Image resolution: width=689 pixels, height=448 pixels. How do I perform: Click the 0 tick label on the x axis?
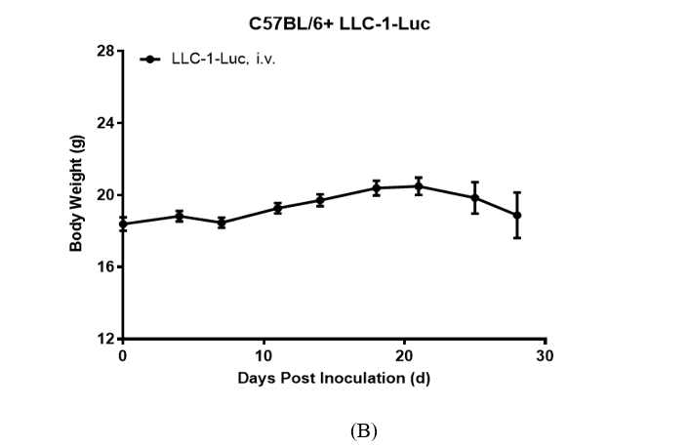[122, 355]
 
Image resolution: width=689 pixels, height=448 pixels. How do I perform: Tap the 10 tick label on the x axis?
[263, 355]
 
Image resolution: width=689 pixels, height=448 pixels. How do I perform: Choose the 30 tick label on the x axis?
[546, 355]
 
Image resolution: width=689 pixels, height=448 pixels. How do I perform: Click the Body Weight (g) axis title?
[76, 195]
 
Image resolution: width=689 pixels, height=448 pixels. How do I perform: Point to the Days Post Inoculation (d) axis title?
[334, 377]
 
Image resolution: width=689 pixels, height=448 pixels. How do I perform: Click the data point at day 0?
[123, 224]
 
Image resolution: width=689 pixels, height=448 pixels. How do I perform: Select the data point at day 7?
[222, 223]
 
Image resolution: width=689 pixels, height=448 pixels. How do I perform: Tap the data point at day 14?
[320, 200]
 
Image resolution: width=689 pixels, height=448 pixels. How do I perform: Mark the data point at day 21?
[419, 185]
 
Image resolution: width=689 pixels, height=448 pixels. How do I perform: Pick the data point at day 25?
[475, 197]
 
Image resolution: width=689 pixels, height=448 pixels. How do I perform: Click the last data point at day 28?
[517, 215]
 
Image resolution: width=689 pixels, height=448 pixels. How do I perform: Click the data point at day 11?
[278, 208]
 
